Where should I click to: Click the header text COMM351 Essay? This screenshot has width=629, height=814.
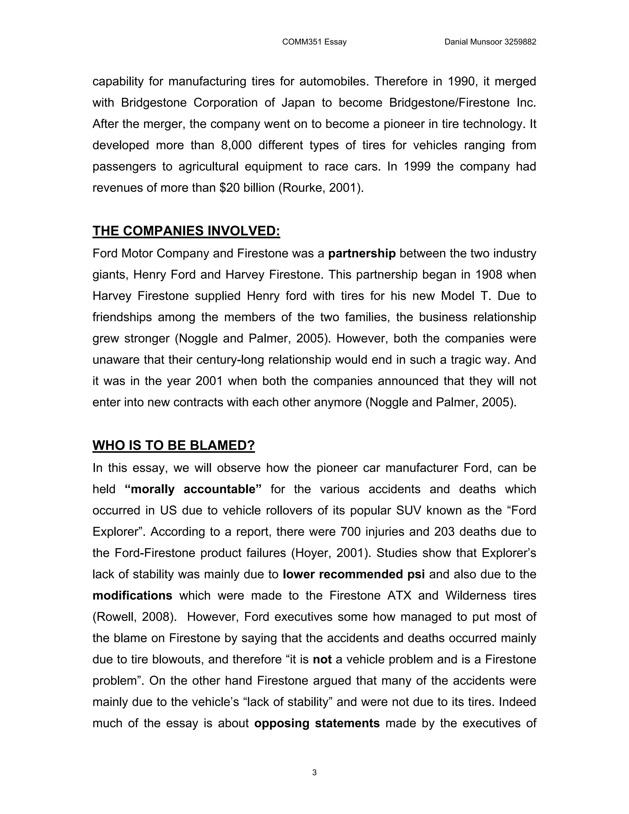click(314, 42)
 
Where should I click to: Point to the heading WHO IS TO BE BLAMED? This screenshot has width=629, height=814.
click(173, 445)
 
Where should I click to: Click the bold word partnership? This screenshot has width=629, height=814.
click(361, 253)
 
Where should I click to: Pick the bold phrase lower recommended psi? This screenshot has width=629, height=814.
click(354, 574)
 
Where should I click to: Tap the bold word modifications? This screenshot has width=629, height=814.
click(132, 595)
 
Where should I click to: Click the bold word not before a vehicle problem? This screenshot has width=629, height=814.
click(322, 659)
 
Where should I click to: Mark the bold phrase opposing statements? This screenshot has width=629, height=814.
click(317, 723)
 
